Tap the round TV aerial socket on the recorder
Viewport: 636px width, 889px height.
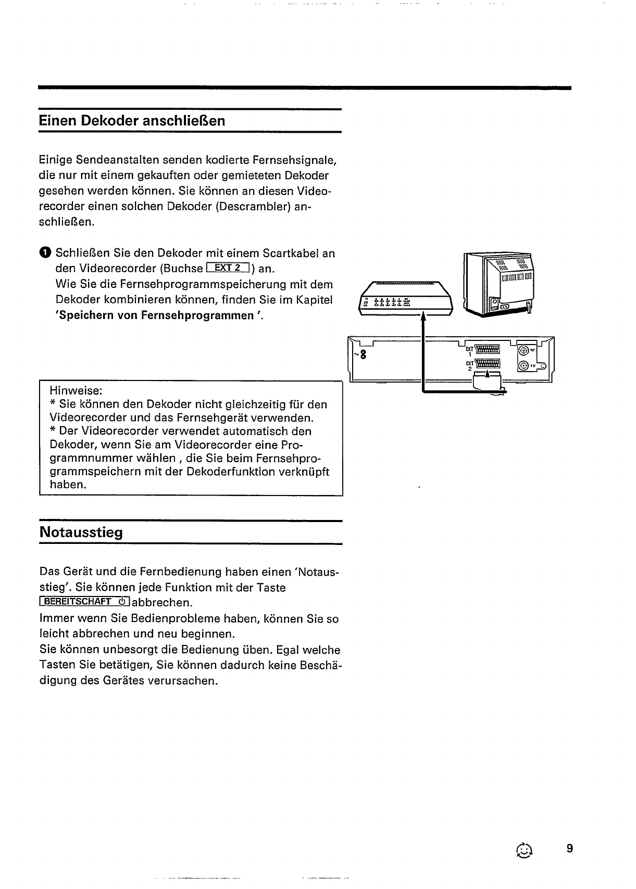[525, 367]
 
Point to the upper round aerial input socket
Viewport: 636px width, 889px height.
[525, 351]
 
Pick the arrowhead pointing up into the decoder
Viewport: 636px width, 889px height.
[423, 316]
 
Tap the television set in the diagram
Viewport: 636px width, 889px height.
[499, 284]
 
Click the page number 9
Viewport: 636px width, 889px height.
[569, 848]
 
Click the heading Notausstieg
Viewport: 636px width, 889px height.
[81, 532]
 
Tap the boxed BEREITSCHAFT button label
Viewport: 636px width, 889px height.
[85, 602]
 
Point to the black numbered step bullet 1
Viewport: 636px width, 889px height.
[45, 253]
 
